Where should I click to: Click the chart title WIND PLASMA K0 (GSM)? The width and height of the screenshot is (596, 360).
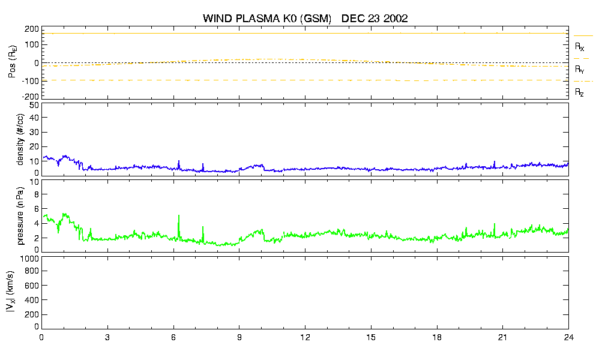267,18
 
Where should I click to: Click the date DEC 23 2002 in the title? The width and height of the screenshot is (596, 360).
375,18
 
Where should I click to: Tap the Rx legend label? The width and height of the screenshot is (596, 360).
579,46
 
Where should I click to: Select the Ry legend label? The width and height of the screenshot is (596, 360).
579,69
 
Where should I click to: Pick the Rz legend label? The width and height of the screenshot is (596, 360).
579,92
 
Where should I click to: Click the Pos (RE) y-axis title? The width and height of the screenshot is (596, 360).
12,62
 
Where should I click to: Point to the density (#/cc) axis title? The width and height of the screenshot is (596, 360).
20,139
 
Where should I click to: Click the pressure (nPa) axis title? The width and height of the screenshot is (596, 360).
20,216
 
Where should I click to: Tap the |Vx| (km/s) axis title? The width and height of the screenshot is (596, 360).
11,292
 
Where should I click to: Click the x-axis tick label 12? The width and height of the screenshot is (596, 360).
305,338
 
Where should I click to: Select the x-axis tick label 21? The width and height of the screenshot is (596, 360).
502,338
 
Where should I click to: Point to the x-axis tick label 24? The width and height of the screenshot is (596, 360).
568,338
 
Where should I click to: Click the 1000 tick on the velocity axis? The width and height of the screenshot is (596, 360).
31,259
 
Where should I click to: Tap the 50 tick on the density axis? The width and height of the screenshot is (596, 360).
34,106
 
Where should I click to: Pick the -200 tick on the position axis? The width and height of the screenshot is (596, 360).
31,97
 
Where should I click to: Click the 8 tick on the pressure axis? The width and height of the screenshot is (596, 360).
37,194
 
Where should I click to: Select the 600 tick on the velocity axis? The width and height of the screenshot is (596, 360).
32,286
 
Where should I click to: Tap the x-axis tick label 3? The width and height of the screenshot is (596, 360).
107,338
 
